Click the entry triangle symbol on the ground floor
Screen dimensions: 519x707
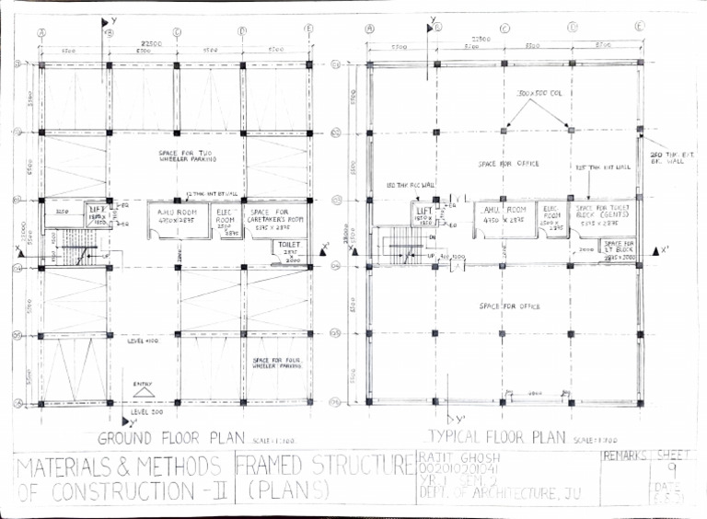[x=144, y=391]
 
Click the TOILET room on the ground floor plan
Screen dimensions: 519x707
[x=287, y=249]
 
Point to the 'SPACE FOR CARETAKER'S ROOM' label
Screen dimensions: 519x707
[x=275, y=216]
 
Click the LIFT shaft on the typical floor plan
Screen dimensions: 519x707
[x=424, y=216]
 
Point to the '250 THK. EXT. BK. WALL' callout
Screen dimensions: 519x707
[x=668, y=158]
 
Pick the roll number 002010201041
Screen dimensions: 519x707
[x=458, y=470]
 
